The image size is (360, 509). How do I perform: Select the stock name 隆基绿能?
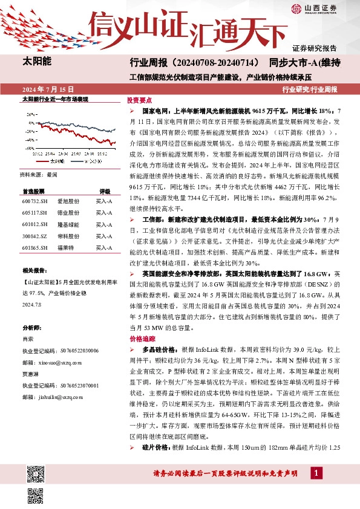pos(68,223)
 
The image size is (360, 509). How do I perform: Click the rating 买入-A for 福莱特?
pos(104,247)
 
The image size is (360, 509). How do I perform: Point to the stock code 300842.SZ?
pos(34,235)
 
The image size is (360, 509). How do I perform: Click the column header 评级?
pos(105,190)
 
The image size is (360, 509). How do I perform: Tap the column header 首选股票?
pos(33,190)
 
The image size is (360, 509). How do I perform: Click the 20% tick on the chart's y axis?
pos(30,113)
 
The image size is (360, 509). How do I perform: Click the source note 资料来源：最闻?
pos(39,174)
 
